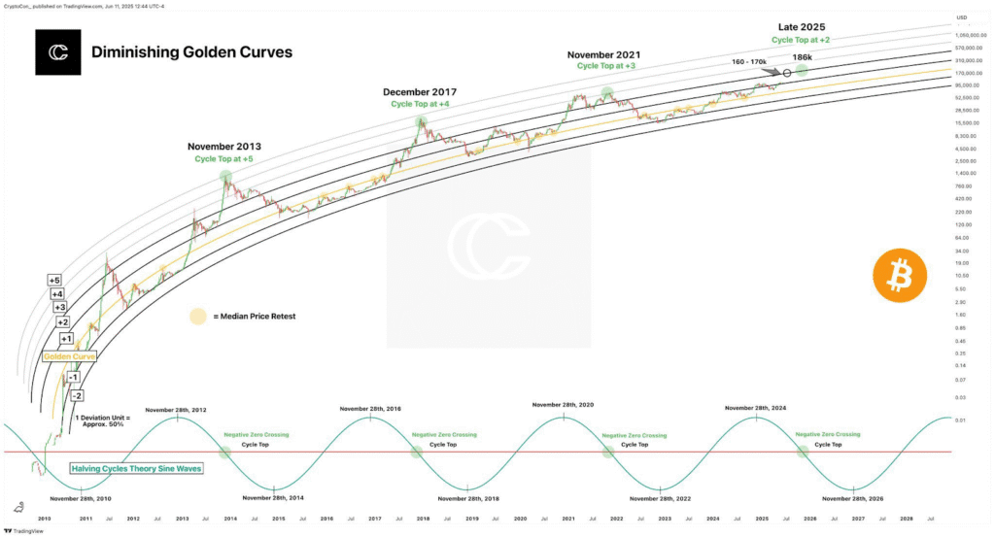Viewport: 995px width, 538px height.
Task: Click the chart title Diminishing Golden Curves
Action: coord(191,52)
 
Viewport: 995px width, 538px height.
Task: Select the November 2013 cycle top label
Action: coord(223,147)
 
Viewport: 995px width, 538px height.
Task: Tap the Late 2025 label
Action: coord(801,26)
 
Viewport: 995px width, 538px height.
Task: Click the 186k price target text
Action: coord(803,58)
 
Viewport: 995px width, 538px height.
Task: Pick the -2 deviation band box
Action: coord(77,395)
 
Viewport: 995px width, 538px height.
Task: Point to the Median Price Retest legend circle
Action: coord(198,316)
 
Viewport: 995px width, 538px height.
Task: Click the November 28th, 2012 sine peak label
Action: coord(175,410)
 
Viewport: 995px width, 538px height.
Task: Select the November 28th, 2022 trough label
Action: coord(661,498)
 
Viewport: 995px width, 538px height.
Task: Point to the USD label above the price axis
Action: coord(962,17)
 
